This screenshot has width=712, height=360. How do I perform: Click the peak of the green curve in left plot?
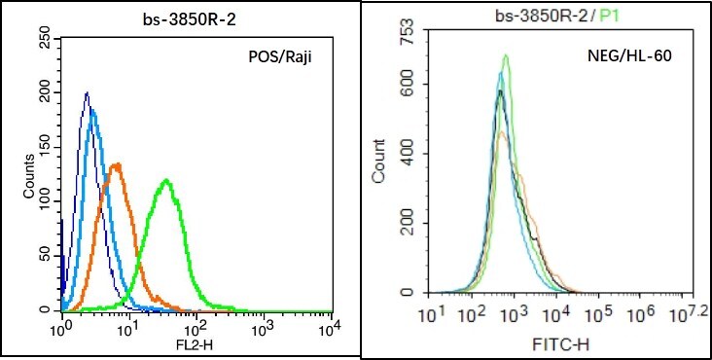coord(167,180)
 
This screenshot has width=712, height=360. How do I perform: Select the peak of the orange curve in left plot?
coord(117,163)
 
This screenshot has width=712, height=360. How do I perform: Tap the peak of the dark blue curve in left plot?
coord(87,93)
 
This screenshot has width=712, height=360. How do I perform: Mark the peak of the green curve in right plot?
coord(506,55)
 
